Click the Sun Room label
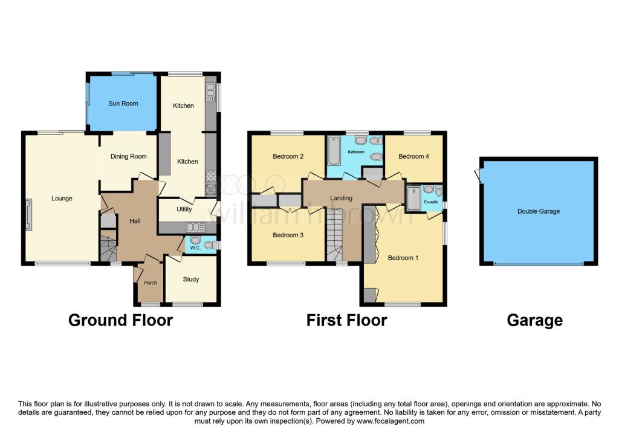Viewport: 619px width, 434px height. point(123,104)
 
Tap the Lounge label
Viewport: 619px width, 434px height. point(62,199)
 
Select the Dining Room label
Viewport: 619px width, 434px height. point(128,157)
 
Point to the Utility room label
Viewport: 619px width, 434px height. point(184,209)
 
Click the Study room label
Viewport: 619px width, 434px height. point(191,279)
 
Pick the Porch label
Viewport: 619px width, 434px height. point(150,283)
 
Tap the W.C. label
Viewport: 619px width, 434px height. point(195,248)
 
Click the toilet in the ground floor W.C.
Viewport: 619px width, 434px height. point(209,245)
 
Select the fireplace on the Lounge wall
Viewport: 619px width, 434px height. point(28,215)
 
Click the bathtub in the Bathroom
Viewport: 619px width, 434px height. point(333,150)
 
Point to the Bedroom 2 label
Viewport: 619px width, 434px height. point(288,157)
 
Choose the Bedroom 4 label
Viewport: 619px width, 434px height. point(414,157)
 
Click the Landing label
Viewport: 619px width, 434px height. point(341,198)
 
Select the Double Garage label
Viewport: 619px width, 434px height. point(538,211)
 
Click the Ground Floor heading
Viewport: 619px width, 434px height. point(120,320)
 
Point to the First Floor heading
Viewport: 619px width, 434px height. point(346,320)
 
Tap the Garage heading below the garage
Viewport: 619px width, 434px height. point(534,320)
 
